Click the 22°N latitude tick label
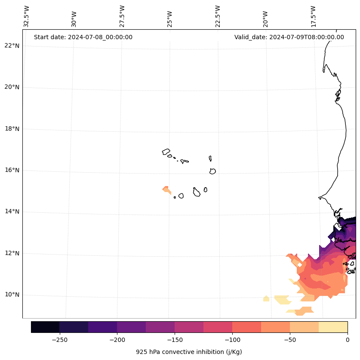tap(12, 46)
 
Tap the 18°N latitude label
tap(12, 129)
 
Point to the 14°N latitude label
tap(12, 211)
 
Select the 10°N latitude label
tap(12, 295)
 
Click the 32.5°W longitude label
tap(27, 16)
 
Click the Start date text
tap(83, 37)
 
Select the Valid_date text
tap(289, 37)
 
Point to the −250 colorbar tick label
tap(59, 340)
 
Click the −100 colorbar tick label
tap(232, 340)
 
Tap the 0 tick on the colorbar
tap(347, 340)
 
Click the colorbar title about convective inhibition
tap(189, 352)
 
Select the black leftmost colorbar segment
tap(45, 327)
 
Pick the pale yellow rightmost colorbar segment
tap(333, 327)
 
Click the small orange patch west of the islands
tap(166, 189)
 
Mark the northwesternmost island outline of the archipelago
tap(166, 152)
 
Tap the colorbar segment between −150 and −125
tap(189, 327)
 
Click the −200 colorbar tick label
tap(117, 340)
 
